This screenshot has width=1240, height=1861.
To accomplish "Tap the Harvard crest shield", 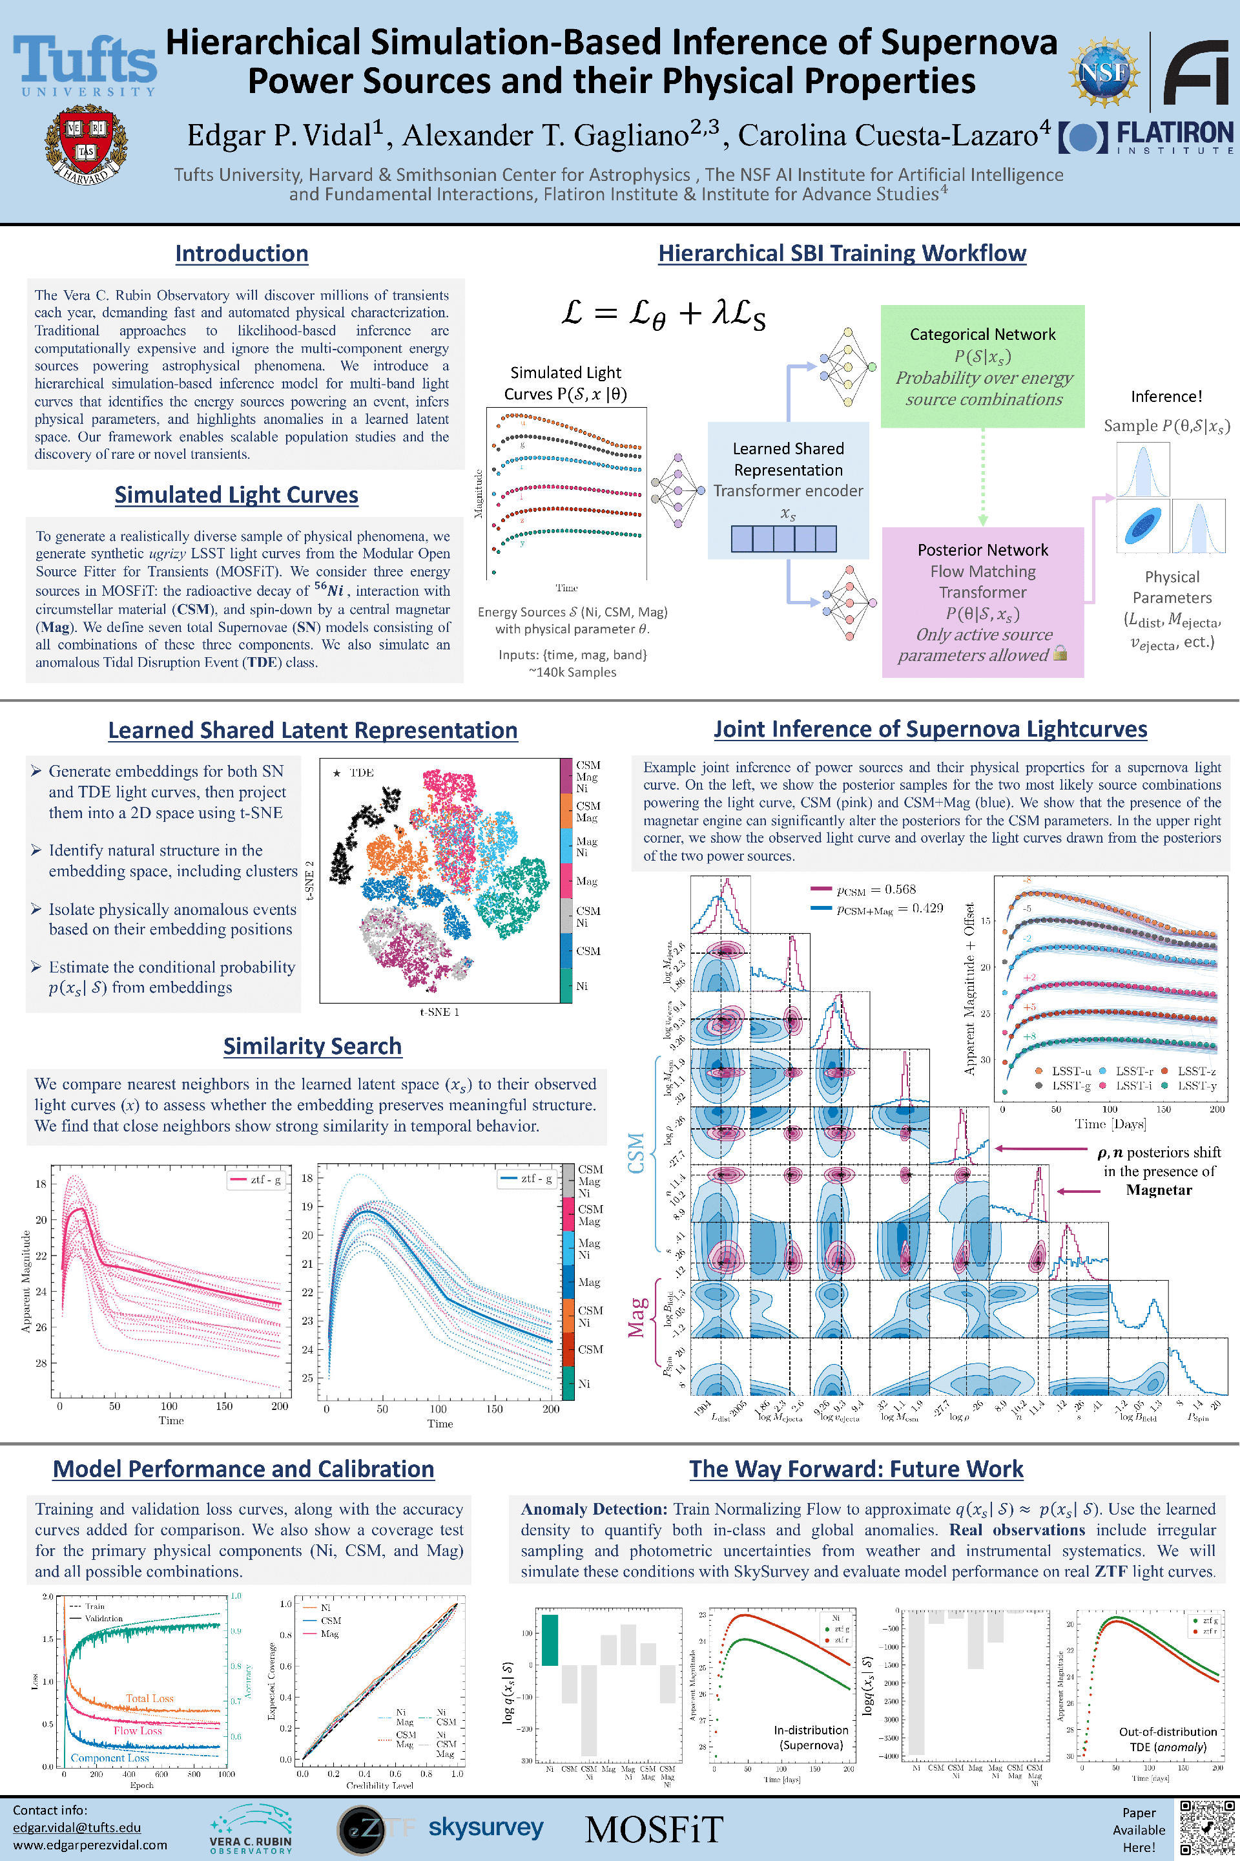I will point(85,145).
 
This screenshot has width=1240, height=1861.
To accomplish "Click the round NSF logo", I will point(1104,73).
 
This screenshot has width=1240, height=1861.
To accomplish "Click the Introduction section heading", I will point(241,253).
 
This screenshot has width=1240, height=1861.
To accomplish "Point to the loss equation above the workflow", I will point(663,313).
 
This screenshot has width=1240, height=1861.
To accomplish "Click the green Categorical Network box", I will point(982,366).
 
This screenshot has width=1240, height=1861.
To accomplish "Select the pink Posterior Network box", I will point(982,602).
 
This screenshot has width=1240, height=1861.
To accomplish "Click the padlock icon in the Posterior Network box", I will point(1060,653).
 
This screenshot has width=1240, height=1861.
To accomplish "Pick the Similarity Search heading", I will point(313,1046).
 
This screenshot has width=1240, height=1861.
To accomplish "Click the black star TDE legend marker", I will point(337,773).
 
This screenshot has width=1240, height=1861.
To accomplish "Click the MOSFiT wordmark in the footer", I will point(654,1829).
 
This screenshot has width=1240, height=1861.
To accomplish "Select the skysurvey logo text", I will point(486,1828).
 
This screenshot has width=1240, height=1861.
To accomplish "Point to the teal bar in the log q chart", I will point(549,1639).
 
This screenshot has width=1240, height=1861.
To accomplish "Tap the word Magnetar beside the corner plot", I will point(1159,1190).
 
